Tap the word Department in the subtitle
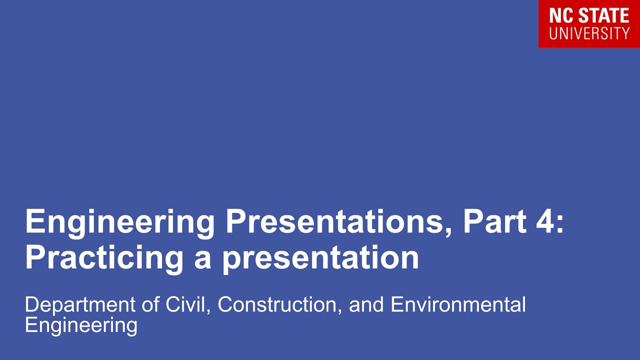(x=80, y=305)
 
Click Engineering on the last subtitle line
(x=81, y=325)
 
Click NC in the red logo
(x=559, y=16)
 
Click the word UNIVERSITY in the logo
(x=589, y=33)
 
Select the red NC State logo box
(x=589, y=23)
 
